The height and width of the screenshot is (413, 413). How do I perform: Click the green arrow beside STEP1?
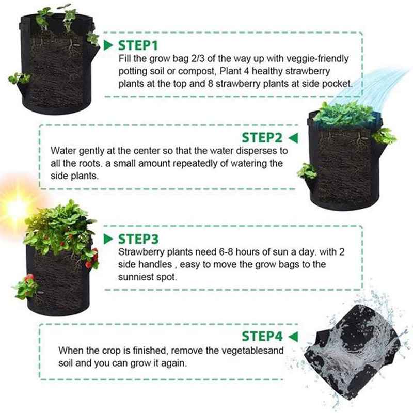[108, 45]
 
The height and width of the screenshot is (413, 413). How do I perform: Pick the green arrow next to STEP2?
[294, 138]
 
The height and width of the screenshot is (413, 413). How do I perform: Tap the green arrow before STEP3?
[108, 240]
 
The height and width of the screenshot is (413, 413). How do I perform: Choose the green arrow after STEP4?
[294, 337]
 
